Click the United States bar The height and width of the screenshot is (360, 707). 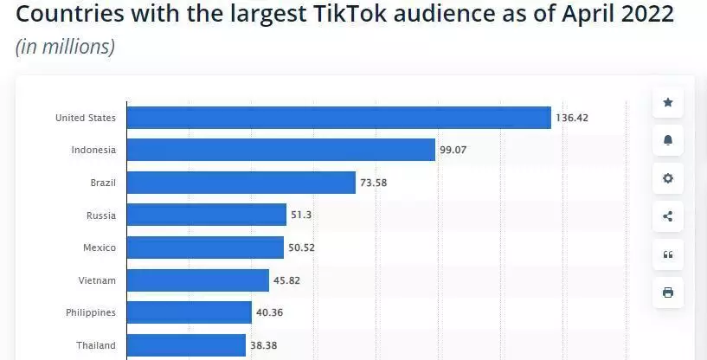click(x=338, y=118)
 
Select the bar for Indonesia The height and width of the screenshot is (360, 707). click(x=280, y=150)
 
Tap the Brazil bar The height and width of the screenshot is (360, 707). click(x=241, y=183)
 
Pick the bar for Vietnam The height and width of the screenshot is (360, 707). click(x=197, y=280)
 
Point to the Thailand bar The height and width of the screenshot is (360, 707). click(x=186, y=345)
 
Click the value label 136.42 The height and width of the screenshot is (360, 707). click(x=572, y=118)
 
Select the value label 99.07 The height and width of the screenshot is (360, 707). click(x=453, y=150)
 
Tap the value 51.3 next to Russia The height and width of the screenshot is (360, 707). click(x=302, y=215)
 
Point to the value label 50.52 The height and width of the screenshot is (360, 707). click(x=302, y=247)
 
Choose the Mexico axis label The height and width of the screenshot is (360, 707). click(x=99, y=247)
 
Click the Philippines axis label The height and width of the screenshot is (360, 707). click(x=90, y=312)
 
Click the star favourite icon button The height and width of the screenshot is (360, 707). click(x=668, y=102)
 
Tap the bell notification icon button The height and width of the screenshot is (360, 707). click(x=668, y=140)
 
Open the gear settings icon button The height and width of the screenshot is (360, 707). click(x=668, y=178)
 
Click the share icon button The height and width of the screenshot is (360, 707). click(x=668, y=216)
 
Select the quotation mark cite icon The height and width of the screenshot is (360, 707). click(x=668, y=254)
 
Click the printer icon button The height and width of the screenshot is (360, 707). click(x=668, y=292)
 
